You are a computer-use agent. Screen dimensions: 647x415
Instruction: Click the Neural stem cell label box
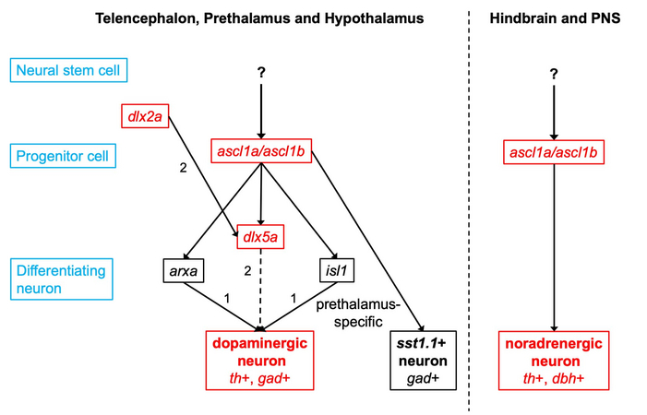click(68, 70)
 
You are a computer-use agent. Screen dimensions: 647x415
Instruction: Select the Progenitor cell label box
click(63, 156)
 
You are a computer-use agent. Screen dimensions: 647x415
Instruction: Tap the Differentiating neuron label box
click(62, 279)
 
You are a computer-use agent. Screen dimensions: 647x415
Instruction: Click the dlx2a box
click(145, 116)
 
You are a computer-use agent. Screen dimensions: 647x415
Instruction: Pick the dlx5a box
click(260, 237)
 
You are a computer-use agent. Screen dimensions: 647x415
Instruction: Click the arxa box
click(183, 270)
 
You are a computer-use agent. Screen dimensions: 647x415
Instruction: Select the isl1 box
click(337, 270)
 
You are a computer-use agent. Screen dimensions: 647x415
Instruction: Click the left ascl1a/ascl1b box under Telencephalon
click(261, 151)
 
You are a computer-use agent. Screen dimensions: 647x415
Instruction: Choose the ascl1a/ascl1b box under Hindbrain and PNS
click(554, 152)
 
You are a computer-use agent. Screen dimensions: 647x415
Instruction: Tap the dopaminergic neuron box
click(260, 361)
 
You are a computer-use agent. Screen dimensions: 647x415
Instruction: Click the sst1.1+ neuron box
click(424, 361)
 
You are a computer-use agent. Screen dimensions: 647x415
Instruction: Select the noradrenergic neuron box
click(554, 361)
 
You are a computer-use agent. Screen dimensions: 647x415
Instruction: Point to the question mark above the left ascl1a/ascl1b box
click(261, 73)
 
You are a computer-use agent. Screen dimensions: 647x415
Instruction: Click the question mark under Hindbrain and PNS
click(554, 74)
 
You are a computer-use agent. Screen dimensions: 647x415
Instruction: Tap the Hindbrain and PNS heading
click(555, 18)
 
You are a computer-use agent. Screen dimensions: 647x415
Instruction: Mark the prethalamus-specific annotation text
click(358, 314)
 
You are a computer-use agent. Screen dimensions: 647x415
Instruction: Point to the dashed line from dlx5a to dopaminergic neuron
click(261, 290)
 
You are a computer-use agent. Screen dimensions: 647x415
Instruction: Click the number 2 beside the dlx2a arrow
click(183, 168)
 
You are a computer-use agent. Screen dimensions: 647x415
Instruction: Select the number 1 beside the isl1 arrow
click(294, 298)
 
